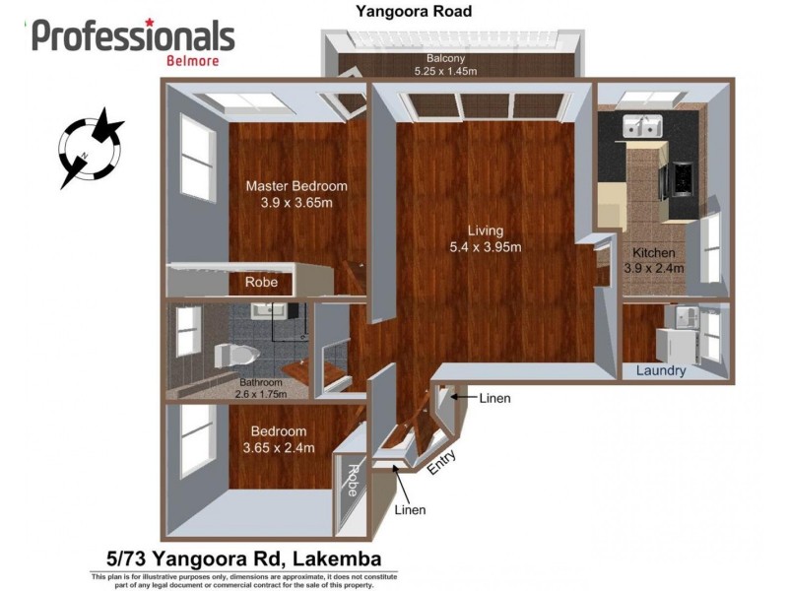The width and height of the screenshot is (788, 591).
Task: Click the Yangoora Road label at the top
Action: click(415, 12)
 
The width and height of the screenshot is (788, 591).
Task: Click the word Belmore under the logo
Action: click(193, 60)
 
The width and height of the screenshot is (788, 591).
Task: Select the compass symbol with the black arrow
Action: click(91, 151)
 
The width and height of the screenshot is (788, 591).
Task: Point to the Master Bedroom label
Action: click(296, 186)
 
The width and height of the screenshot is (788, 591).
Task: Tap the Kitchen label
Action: click(654, 253)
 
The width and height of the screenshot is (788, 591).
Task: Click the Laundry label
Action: click(661, 371)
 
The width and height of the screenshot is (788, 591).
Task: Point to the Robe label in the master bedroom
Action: click(261, 283)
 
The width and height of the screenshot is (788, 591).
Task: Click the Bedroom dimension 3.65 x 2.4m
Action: click(278, 448)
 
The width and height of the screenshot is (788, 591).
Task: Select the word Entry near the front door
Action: click(440, 463)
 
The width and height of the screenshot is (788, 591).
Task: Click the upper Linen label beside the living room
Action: click(494, 399)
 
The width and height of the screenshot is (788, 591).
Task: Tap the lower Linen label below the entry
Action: click(410, 510)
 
